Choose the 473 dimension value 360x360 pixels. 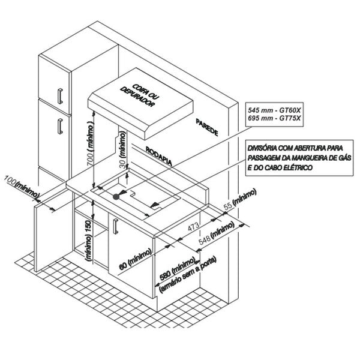pos(193,228)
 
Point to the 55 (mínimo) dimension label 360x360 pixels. pos(238,199)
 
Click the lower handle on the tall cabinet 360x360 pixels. pos(61,126)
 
